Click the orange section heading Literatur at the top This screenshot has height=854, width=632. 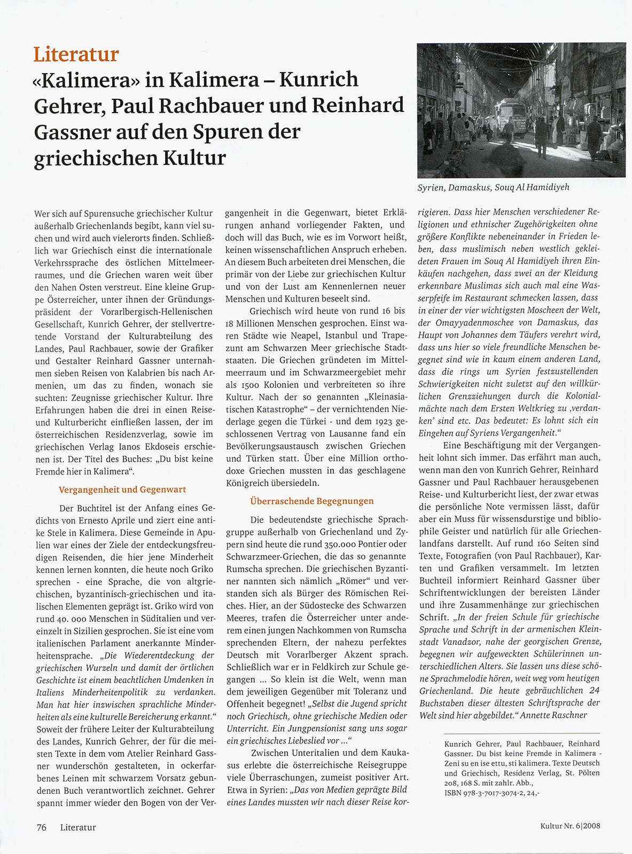click(x=75, y=54)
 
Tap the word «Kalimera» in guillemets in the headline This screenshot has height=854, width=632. click(x=85, y=80)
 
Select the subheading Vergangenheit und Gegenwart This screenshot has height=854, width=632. click(x=122, y=489)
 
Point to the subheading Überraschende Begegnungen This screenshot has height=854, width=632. click(x=312, y=501)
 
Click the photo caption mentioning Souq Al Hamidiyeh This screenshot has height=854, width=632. click(x=494, y=187)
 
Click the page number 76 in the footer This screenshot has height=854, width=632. click(x=42, y=827)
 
